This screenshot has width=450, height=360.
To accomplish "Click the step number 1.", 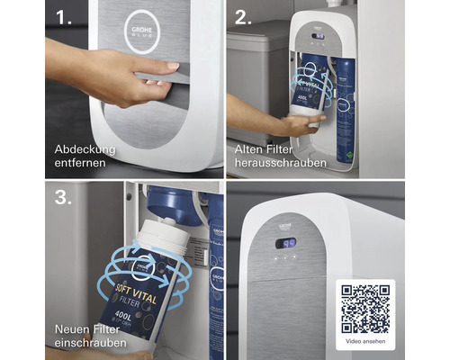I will coord(65,18).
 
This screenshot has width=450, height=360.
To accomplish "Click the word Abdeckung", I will coord(85,148).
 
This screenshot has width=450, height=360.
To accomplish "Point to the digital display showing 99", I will coord(287,242).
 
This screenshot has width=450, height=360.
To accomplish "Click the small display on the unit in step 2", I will coord(316,37).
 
